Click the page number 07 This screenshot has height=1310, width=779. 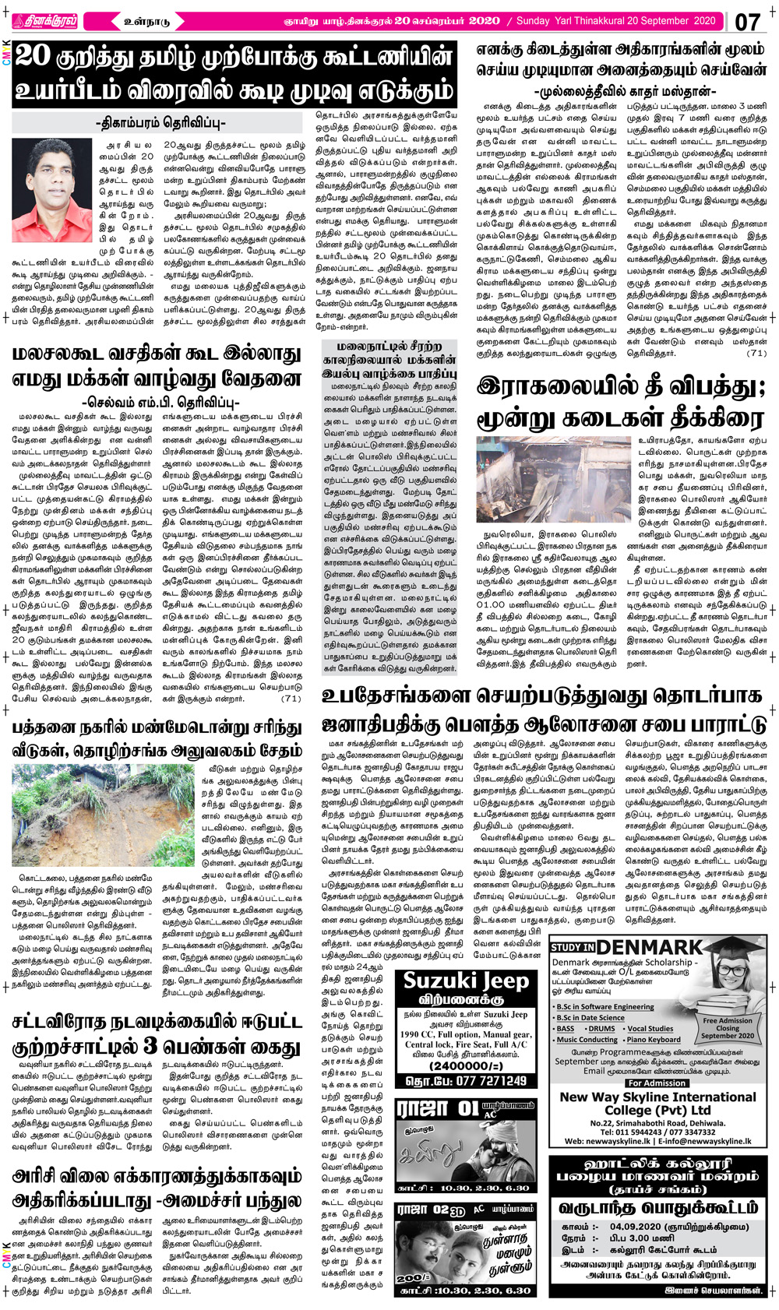click(747, 21)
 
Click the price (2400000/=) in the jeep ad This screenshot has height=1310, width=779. click(466, 1065)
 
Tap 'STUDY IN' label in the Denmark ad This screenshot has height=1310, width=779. click(573, 948)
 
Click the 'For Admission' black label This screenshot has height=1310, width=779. click(657, 1083)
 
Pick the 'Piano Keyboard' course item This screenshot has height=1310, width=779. click(653, 1039)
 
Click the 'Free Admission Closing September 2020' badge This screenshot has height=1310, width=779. click(727, 1027)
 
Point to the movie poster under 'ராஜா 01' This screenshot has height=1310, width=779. click(465, 1151)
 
